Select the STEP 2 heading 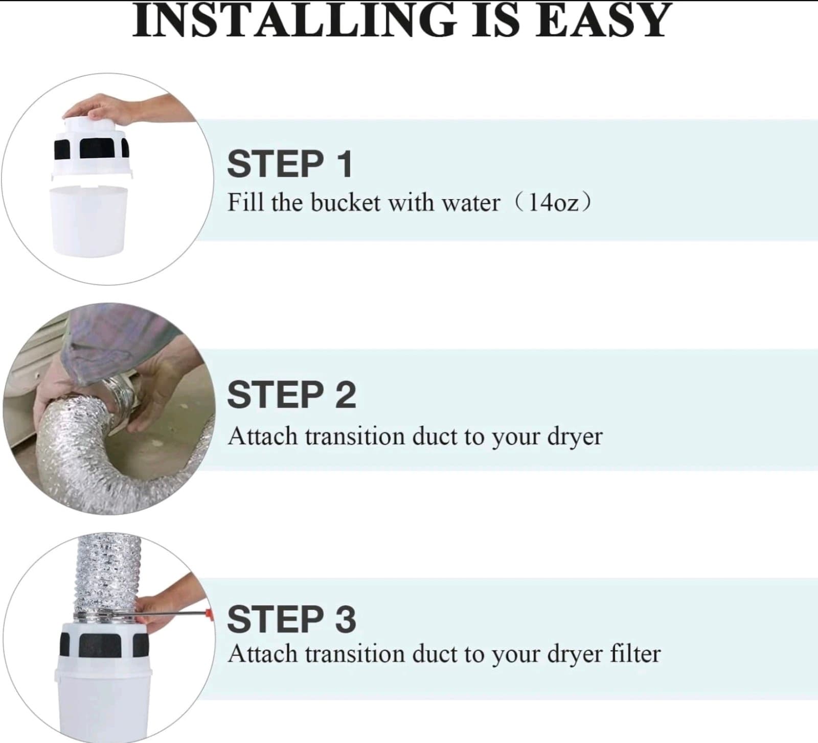pyautogui.click(x=291, y=395)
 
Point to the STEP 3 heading pyautogui.click(x=291, y=619)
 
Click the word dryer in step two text pyautogui.click(x=575, y=437)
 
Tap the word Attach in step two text pyautogui.click(x=262, y=436)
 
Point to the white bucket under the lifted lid pyautogui.click(x=89, y=220)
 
